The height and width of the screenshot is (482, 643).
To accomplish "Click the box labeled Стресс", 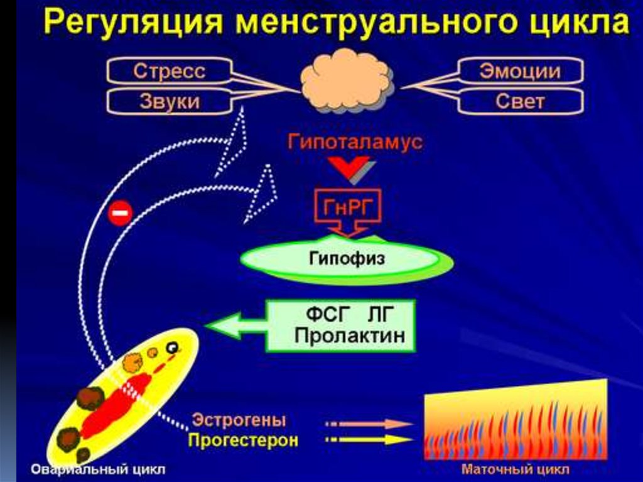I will [x=168, y=72].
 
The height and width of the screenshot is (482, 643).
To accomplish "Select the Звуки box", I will [x=168, y=102].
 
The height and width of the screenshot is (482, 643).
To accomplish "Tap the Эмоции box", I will [x=520, y=72].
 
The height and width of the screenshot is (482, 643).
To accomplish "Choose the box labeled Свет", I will [x=520, y=102].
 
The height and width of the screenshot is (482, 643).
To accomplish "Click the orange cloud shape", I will [x=346, y=81].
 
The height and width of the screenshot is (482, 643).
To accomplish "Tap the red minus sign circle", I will [x=120, y=214].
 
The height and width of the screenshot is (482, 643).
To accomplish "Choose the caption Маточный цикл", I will [x=516, y=469].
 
